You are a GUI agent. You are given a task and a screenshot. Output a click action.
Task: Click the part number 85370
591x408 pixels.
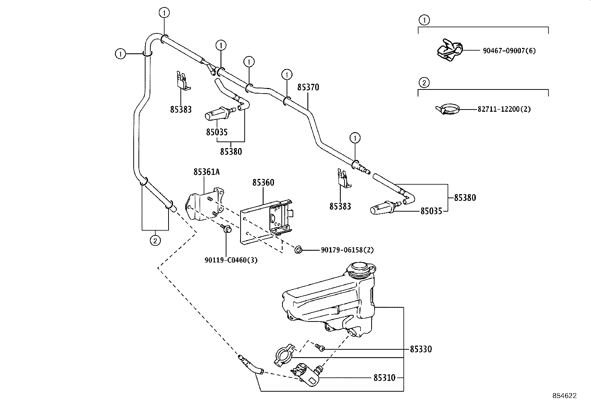tap(308, 87)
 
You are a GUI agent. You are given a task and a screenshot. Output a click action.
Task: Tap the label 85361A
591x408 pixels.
tap(206, 172)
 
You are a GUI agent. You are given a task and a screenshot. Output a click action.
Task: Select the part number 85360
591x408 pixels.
tap(263, 182)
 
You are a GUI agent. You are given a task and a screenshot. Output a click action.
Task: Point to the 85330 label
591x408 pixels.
tap(421, 349)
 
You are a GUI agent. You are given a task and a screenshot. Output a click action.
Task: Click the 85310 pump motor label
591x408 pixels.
tap(384, 378)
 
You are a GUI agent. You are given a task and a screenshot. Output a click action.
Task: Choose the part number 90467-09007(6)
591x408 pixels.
tap(509, 50)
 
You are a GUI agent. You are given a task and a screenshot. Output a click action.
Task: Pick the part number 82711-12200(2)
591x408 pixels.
tap(504, 109)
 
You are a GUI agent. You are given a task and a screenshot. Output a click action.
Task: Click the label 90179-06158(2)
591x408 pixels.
tap(347, 249)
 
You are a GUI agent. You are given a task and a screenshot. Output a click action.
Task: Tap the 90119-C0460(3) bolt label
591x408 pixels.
tap(231, 260)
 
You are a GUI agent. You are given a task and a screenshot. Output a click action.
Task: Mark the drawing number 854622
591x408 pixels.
tap(565, 396)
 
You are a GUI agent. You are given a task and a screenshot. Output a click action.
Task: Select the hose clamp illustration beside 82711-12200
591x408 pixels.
tap(447, 109)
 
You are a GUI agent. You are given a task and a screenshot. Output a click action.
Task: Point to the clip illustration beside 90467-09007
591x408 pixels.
tap(450, 50)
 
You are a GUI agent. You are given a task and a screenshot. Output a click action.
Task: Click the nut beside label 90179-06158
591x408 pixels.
tap(298, 249)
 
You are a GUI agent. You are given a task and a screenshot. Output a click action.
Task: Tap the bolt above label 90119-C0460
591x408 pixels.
tap(226, 229)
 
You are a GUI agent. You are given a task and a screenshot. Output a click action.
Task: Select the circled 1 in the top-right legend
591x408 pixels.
tap(424, 20)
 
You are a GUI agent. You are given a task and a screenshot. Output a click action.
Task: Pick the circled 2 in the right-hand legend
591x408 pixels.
tap(424, 83)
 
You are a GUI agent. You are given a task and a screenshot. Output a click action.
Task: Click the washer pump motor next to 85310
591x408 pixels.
tap(306, 375)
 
